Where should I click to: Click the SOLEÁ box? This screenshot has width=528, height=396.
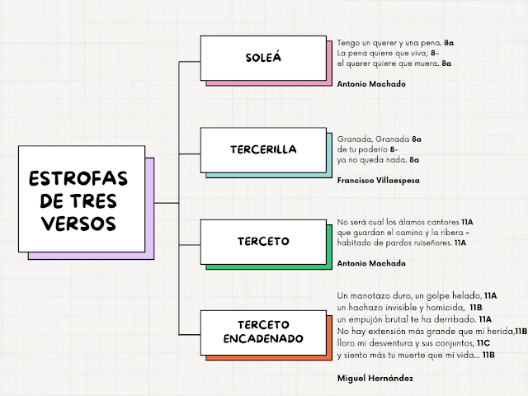coord(263,58)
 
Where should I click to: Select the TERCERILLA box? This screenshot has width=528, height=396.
coord(263,149)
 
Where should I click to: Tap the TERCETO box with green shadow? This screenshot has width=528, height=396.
coord(263,242)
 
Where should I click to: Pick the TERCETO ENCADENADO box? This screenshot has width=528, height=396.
coord(263,332)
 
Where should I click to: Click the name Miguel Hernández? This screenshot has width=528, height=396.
coord(375,377)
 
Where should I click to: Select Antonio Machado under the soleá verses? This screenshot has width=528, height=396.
coord(371,83)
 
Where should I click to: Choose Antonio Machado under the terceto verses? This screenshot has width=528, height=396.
coord(371,263)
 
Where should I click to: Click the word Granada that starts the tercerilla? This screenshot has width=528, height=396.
coord(353,139)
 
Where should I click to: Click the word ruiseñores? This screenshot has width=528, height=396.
coord(431,243)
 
